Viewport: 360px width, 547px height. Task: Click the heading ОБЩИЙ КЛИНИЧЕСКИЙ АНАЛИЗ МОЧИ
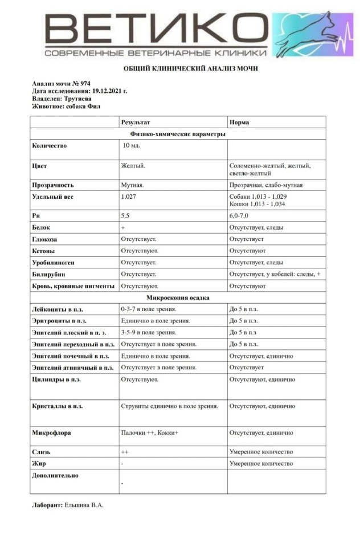(x=191, y=68)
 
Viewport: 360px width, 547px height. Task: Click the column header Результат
(x=136, y=122)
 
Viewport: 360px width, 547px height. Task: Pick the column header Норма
(x=239, y=122)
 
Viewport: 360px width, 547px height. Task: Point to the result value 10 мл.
(x=132, y=145)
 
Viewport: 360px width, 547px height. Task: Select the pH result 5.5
(x=125, y=216)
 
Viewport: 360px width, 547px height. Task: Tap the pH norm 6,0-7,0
(x=239, y=216)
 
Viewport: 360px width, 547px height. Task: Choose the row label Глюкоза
(x=45, y=239)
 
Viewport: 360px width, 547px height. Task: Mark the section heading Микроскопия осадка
(x=178, y=297)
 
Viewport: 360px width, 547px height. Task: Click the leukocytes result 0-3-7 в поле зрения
(x=150, y=309)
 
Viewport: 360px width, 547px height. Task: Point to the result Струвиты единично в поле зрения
(x=170, y=406)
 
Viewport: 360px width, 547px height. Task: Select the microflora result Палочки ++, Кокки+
(x=150, y=433)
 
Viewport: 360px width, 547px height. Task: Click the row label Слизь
(x=42, y=451)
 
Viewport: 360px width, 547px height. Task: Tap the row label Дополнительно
(x=55, y=475)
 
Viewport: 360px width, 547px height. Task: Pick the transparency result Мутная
(x=132, y=185)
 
